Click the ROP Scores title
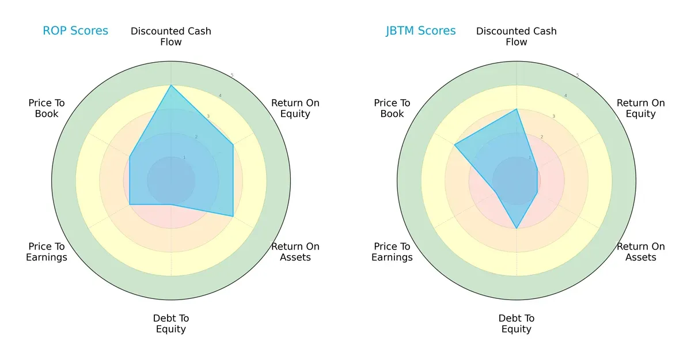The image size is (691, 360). [x=75, y=31]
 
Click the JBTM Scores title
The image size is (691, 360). [x=421, y=31]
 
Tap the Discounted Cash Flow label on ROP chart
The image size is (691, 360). [x=171, y=36]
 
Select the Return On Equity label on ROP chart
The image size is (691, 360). [x=295, y=108]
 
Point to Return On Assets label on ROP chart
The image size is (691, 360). [x=295, y=252]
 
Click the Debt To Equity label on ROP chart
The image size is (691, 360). [x=171, y=324]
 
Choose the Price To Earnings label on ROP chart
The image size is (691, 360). [x=47, y=252]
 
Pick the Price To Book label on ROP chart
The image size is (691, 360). [x=47, y=108]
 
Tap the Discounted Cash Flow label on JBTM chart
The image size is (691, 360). [x=517, y=36]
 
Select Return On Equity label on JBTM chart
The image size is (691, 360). [x=641, y=108]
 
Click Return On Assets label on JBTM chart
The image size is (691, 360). [x=641, y=252]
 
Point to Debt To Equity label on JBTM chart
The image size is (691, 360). [x=517, y=324]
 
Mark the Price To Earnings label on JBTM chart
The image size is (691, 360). [x=392, y=252]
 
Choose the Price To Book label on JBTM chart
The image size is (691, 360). [x=392, y=108]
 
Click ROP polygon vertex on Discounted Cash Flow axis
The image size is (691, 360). [x=171, y=85]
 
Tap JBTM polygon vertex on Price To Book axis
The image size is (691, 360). [x=454, y=145]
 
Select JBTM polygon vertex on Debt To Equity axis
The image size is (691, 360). [x=517, y=229]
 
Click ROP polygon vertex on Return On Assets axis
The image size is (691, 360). [x=233, y=217]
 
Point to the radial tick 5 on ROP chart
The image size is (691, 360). [x=232, y=75]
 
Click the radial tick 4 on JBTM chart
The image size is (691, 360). [x=565, y=96]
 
